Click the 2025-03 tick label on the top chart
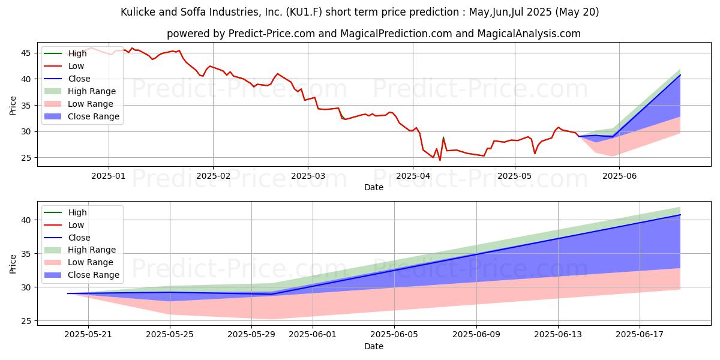(x=308, y=176)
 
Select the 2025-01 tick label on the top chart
(x=109, y=176)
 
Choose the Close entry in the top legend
(x=79, y=79)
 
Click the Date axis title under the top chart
(x=374, y=187)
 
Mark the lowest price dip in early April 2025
(x=440, y=160)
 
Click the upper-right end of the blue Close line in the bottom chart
(x=680, y=215)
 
